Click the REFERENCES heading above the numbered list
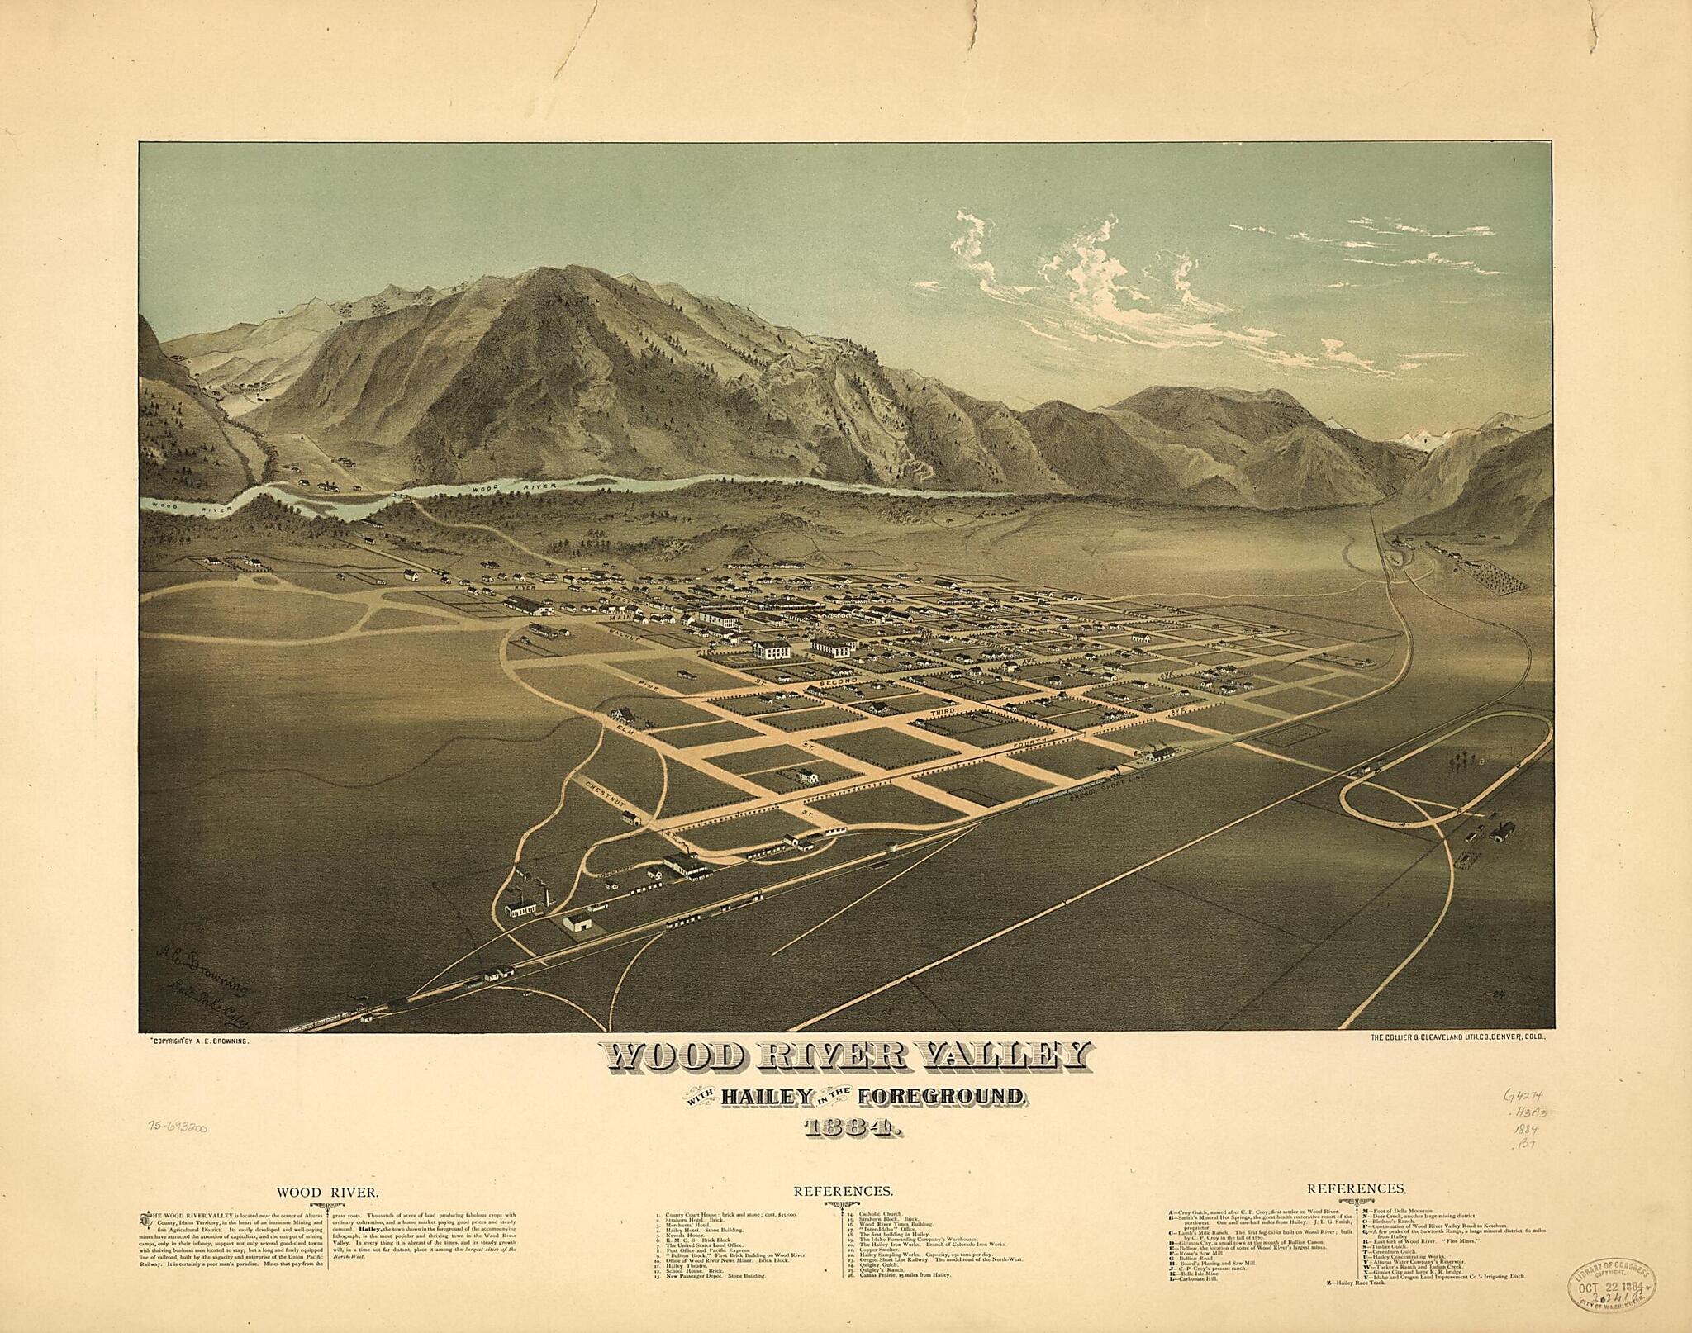(x=843, y=1192)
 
